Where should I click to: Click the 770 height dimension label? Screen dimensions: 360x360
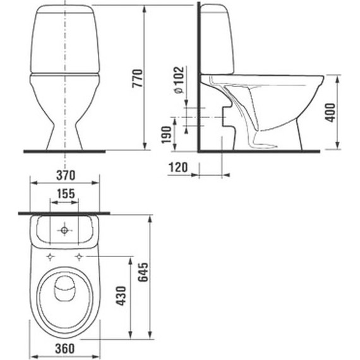pos(137,78)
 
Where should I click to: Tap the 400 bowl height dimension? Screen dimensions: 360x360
pos(330,112)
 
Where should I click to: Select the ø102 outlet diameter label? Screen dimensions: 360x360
pos(179,80)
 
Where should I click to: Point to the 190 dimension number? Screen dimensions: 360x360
pos(167,135)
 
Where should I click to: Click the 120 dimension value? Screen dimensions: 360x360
pos(178,167)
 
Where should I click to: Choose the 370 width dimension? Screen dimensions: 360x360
pos(66,175)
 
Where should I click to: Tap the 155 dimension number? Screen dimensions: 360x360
pos(66,193)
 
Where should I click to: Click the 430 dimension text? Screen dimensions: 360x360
pos(121,296)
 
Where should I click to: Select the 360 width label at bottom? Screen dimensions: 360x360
pos(65,349)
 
